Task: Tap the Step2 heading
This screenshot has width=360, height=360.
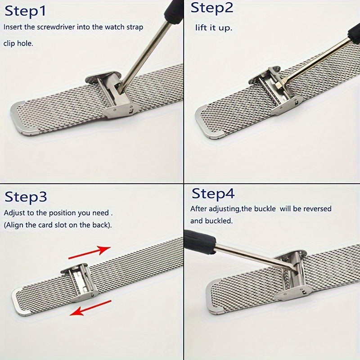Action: coord(211,8)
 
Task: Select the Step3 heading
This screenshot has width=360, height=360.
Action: coord(26,197)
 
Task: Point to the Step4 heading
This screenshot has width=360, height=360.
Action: coord(213,193)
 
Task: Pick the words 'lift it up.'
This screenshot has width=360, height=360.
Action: coord(214,28)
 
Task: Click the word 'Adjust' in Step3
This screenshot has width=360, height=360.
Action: coord(14,213)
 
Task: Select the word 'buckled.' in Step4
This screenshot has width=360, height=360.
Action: coord(219,221)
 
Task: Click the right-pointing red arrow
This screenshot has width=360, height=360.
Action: coord(90,252)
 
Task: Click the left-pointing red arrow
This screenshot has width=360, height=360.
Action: coord(90,308)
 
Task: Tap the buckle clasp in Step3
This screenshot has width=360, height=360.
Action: coord(80,283)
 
